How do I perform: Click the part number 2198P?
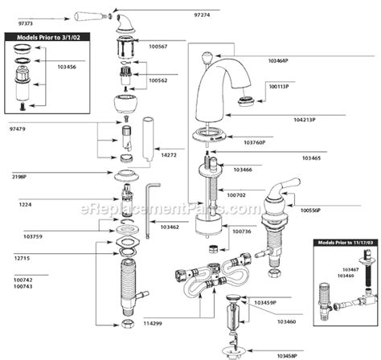tap(18, 175)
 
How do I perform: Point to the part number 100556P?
tap(311, 211)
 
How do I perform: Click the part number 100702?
tap(239, 194)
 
